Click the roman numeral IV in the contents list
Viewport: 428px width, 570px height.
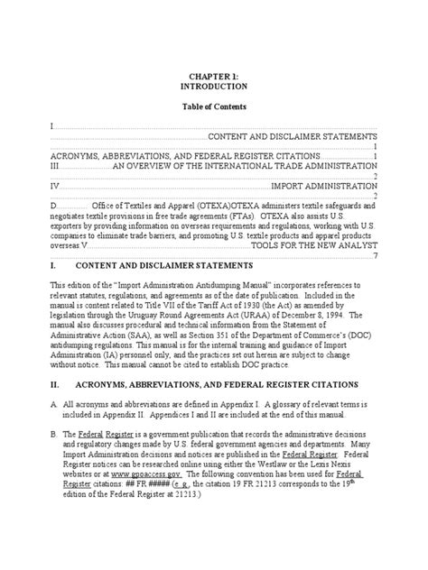(x=55, y=186)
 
